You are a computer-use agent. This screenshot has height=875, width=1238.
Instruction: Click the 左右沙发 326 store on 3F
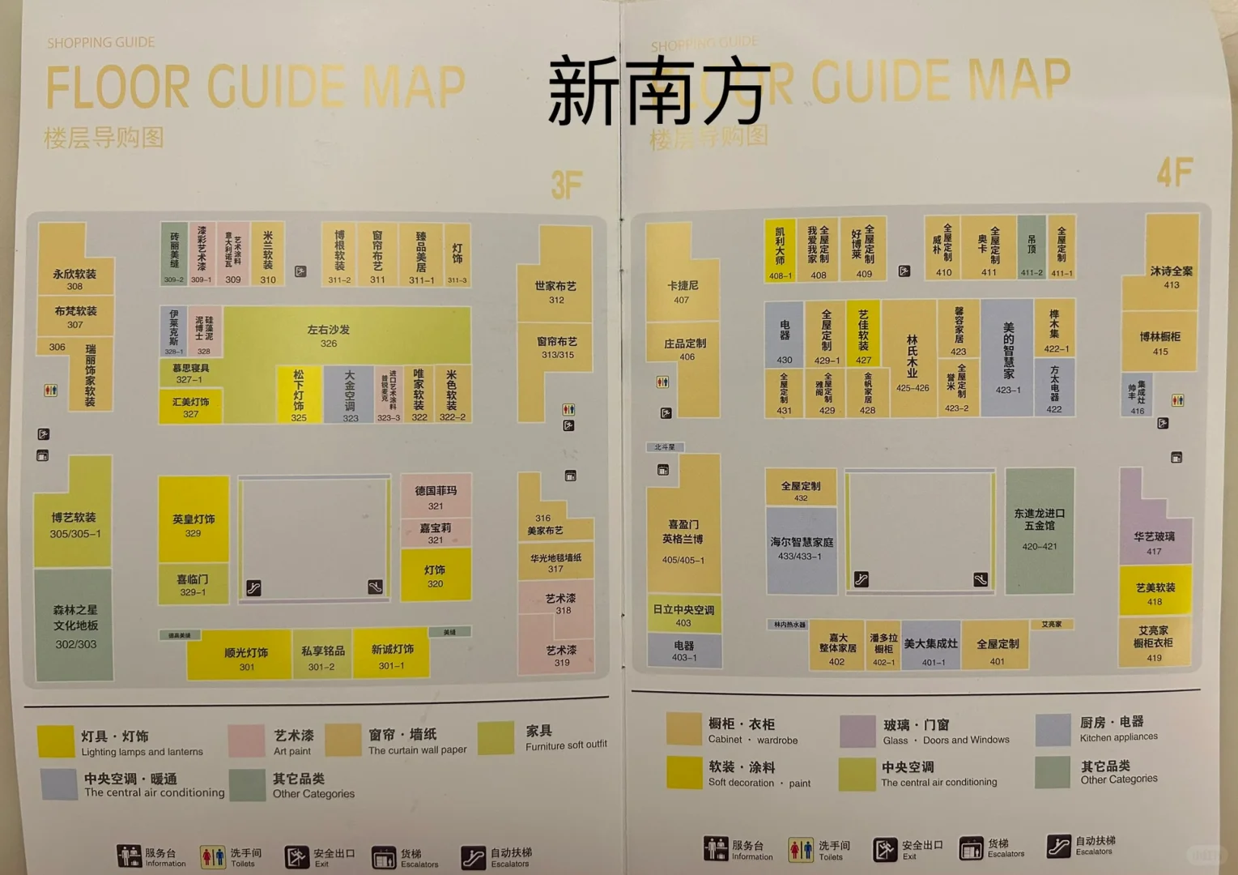pos(329,335)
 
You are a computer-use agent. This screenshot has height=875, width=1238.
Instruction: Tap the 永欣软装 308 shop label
pos(74,279)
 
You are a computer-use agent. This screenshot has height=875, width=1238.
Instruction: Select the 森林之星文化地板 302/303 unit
pos(75,625)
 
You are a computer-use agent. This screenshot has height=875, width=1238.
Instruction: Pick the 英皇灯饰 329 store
pos(193,524)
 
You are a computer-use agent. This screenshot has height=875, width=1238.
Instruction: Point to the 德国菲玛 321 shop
pos(436,497)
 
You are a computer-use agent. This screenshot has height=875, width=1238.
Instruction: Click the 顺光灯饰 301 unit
pos(245,658)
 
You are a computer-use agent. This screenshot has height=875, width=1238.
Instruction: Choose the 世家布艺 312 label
pos(555,292)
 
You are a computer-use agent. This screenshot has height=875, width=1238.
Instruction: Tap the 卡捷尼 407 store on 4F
pos(682,292)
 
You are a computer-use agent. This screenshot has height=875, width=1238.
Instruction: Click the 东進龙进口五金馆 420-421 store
pos(1040,528)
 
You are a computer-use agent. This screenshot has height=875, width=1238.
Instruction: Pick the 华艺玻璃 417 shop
pos(1154,542)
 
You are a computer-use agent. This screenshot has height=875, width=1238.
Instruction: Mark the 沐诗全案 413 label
pos(1171,276)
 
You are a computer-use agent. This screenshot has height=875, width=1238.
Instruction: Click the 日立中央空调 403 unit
pos(683,615)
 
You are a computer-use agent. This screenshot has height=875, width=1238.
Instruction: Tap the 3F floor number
pos(566,185)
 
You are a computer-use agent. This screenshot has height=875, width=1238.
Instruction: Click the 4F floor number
pos(1173,173)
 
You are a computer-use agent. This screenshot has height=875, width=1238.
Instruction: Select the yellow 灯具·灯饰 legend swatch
pos(56,741)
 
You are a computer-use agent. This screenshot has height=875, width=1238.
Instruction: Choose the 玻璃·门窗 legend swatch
pos(857,731)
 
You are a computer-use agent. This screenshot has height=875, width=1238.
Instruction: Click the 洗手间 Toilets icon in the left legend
pos(212,856)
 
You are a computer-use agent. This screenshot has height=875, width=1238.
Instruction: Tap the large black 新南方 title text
pos(657,91)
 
